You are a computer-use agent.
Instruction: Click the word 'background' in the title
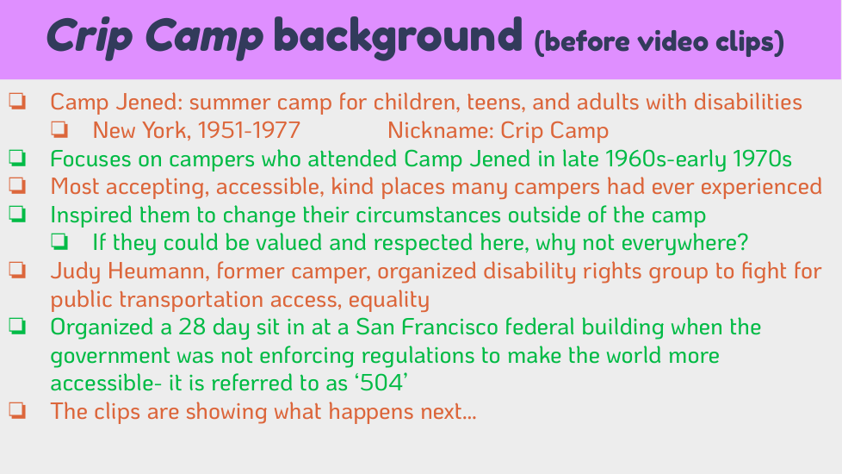point(398,37)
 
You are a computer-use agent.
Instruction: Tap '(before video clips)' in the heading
point(659,42)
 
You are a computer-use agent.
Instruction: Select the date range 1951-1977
point(249,131)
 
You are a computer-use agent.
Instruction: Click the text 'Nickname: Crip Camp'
point(498,131)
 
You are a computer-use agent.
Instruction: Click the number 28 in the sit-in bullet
point(192,327)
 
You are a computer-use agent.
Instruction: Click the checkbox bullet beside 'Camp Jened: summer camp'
point(17,101)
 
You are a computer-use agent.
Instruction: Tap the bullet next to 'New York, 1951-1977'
point(59,129)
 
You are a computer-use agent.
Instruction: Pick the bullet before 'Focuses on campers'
point(17,158)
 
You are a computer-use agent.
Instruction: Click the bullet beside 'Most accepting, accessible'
point(17,185)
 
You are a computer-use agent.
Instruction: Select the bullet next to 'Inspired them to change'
point(17,214)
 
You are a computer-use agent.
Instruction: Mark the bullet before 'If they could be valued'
point(59,242)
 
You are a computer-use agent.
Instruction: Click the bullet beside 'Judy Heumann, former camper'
point(17,270)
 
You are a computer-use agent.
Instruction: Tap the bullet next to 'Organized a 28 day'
point(17,327)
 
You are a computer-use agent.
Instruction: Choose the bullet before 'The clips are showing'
point(17,410)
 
